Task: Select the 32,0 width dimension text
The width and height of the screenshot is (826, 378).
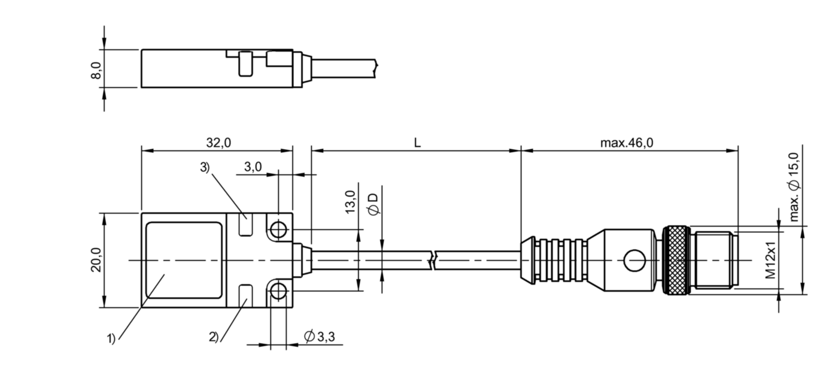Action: coord(217,143)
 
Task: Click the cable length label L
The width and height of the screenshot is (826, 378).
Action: coord(417,143)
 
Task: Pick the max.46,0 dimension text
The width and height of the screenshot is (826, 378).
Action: coord(626,143)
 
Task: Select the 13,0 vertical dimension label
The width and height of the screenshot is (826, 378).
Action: coord(350,202)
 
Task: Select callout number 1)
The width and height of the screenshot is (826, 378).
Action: coord(111,339)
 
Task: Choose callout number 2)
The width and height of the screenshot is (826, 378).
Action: coord(214,337)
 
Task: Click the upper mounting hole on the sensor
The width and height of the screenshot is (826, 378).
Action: coord(278,229)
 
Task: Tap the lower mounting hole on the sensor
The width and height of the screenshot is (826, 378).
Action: coord(278,292)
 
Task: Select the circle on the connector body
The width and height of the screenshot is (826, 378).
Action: coord(634,261)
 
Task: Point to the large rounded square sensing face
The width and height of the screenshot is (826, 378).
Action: coord(183,261)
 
